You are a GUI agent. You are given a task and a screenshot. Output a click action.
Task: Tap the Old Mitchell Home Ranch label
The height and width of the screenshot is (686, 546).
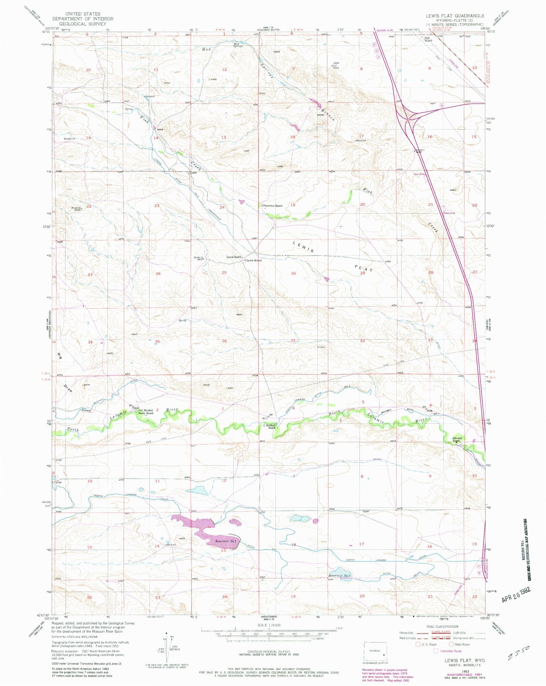(145, 412)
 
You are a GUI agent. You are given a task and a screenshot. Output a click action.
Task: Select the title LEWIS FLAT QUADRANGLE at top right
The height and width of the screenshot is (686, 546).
(455, 16)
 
